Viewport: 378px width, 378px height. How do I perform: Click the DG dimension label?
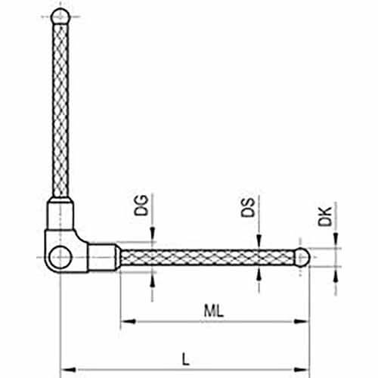141,205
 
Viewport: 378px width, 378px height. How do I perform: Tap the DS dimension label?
248,208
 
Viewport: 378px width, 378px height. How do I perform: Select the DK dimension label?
325,217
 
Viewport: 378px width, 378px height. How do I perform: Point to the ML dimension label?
214,311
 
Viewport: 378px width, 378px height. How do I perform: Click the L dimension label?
185,359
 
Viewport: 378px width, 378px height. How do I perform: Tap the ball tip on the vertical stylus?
60,17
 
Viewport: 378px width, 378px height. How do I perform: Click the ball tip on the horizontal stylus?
302,257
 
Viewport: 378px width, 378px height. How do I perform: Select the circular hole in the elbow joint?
60,257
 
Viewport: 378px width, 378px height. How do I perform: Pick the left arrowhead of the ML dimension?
128,321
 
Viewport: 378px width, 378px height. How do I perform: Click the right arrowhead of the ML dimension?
302,321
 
